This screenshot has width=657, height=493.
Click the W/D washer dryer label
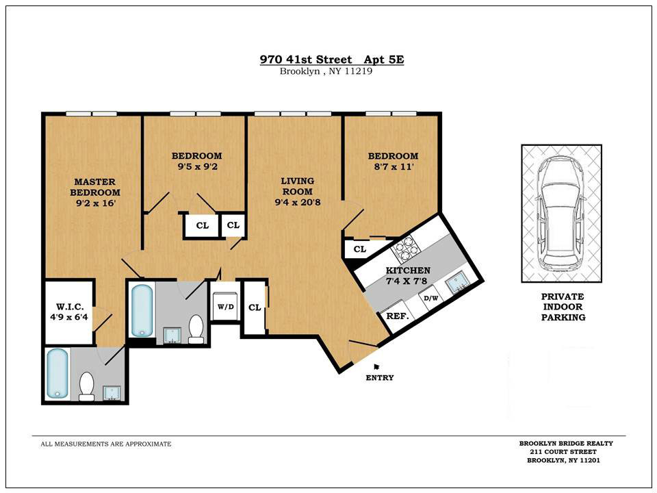click(x=225, y=307)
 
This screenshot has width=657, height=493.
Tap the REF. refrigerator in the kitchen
click(x=397, y=316)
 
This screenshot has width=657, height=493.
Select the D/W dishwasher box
click(x=430, y=299)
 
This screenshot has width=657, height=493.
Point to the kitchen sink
click(x=459, y=283)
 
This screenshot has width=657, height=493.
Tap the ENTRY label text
click(x=380, y=378)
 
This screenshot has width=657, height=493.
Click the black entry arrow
click(x=376, y=366)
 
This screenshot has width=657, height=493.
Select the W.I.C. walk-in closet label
click(x=69, y=307)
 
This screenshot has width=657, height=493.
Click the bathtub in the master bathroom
click(x=57, y=374)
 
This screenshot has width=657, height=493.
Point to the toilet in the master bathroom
click(x=87, y=386)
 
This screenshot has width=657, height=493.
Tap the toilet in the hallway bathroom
click(x=196, y=329)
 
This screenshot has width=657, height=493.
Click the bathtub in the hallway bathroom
click(x=142, y=310)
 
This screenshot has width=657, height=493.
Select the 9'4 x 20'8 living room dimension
click(x=298, y=203)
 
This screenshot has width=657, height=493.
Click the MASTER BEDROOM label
click(x=95, y=187)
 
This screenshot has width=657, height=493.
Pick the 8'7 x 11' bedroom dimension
click(x=393, y=167)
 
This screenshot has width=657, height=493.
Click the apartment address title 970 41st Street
click(x=306, y=59)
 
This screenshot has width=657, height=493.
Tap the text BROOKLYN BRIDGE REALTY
click(x=566, y=443)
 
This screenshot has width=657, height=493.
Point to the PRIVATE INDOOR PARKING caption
click(x=563, y=307)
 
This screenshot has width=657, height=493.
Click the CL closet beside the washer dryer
click(x=255, y=307)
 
